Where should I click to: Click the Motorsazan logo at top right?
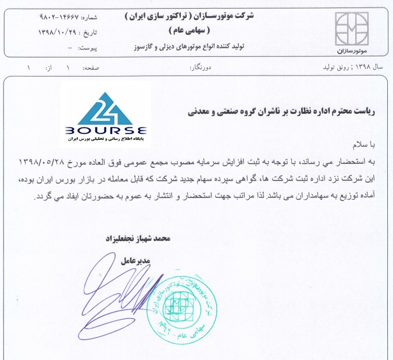pyautogui.click(x=355, y=28)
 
